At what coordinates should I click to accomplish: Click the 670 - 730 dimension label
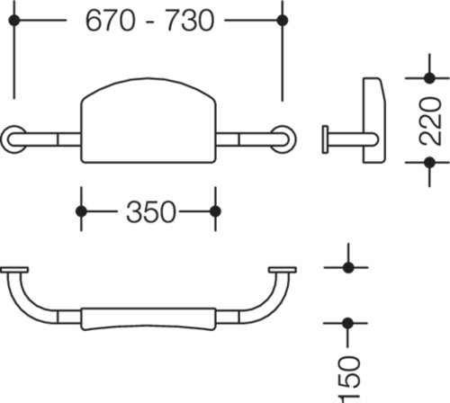coord(150,21)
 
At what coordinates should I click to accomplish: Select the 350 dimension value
coord(151,211)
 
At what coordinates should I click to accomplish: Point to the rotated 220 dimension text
coord(431,121)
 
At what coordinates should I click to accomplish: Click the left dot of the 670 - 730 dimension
coord(14,21)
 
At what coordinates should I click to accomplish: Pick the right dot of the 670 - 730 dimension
coord(283,21)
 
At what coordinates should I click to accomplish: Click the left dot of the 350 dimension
coord(81,211)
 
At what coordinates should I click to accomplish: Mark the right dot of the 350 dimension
coord(215,211)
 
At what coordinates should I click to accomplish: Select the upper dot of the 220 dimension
coord(429,78)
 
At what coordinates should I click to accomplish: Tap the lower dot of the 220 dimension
coord(429,163)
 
